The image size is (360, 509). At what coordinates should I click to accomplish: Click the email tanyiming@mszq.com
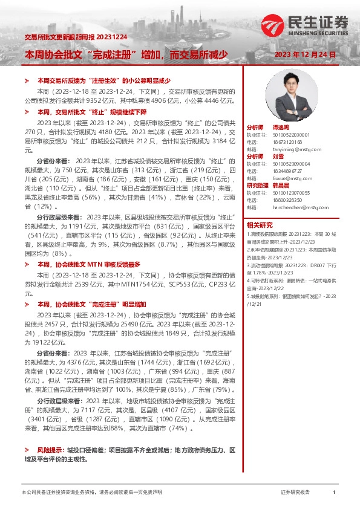click(296, 148)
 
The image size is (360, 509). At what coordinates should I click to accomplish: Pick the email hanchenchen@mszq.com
click(299, 207)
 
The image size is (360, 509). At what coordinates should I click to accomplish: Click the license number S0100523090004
click(290, 163)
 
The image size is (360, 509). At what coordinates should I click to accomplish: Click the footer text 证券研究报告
click(296, 493)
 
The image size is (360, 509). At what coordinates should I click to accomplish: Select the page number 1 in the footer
click(334, 493)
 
